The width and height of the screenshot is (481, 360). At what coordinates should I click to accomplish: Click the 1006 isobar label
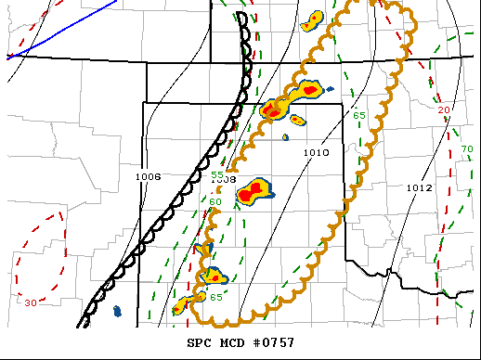(148, 176)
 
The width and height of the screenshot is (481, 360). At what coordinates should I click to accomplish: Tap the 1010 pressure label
(317, 152)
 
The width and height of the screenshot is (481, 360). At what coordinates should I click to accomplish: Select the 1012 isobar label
(419, 187)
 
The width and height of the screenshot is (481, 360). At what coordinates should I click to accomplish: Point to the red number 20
(444, 110)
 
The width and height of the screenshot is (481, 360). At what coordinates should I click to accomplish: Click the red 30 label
(31, 302)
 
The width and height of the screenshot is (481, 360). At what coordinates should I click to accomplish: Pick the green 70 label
(467, 149)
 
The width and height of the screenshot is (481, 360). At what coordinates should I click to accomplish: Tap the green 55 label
(216, 174)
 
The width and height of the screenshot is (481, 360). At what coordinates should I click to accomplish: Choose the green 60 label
(214, 201)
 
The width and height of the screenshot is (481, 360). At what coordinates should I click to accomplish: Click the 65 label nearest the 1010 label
(359, 115)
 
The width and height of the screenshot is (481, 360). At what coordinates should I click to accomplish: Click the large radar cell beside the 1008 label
(252, 192)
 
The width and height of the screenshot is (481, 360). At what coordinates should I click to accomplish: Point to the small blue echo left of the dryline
(117, 310)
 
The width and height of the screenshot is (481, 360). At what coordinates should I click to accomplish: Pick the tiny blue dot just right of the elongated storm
(331, 89)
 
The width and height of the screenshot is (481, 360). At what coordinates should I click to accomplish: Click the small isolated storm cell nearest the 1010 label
(297, 120)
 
